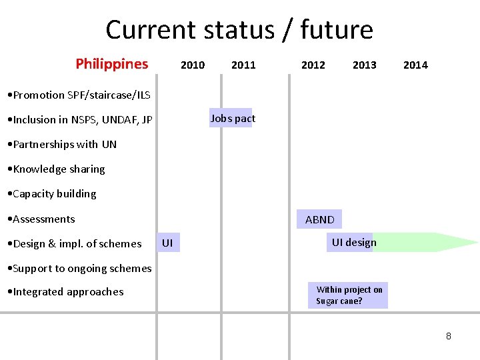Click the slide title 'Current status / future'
click(239, 30)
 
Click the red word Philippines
click(112, 64)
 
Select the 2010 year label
click(193, 65)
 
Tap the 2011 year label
click(243, 65)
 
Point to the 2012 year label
click(313, 65)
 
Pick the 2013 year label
click(364, 65)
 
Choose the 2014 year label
click(415, 65)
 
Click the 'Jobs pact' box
click(232, 118)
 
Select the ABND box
click(320, 219)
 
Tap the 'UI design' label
click(354, 242)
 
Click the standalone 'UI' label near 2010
click(167, 243)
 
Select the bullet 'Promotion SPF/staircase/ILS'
click(77, 95)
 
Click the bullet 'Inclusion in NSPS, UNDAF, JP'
click(79, 120)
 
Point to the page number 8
click(448, 336)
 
